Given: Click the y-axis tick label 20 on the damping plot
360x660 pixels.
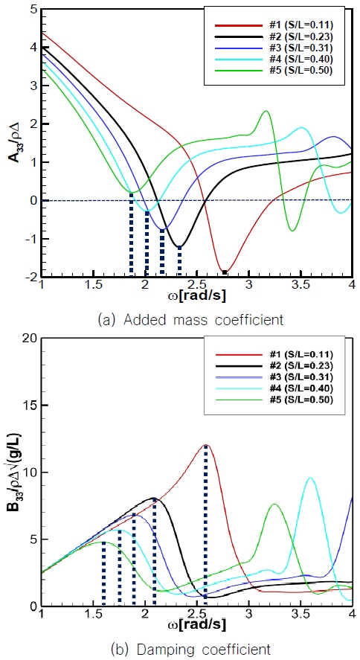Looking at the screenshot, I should [x=28, y=339].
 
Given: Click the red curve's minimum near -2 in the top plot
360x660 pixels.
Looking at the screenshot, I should [x=225, y=272].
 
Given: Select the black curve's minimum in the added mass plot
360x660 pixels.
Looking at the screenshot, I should [x=179, y=246].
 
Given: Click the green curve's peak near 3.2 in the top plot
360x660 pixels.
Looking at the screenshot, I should [x=266, y=112].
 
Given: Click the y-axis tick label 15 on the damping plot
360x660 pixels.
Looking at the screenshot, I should [x=28, y=406].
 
